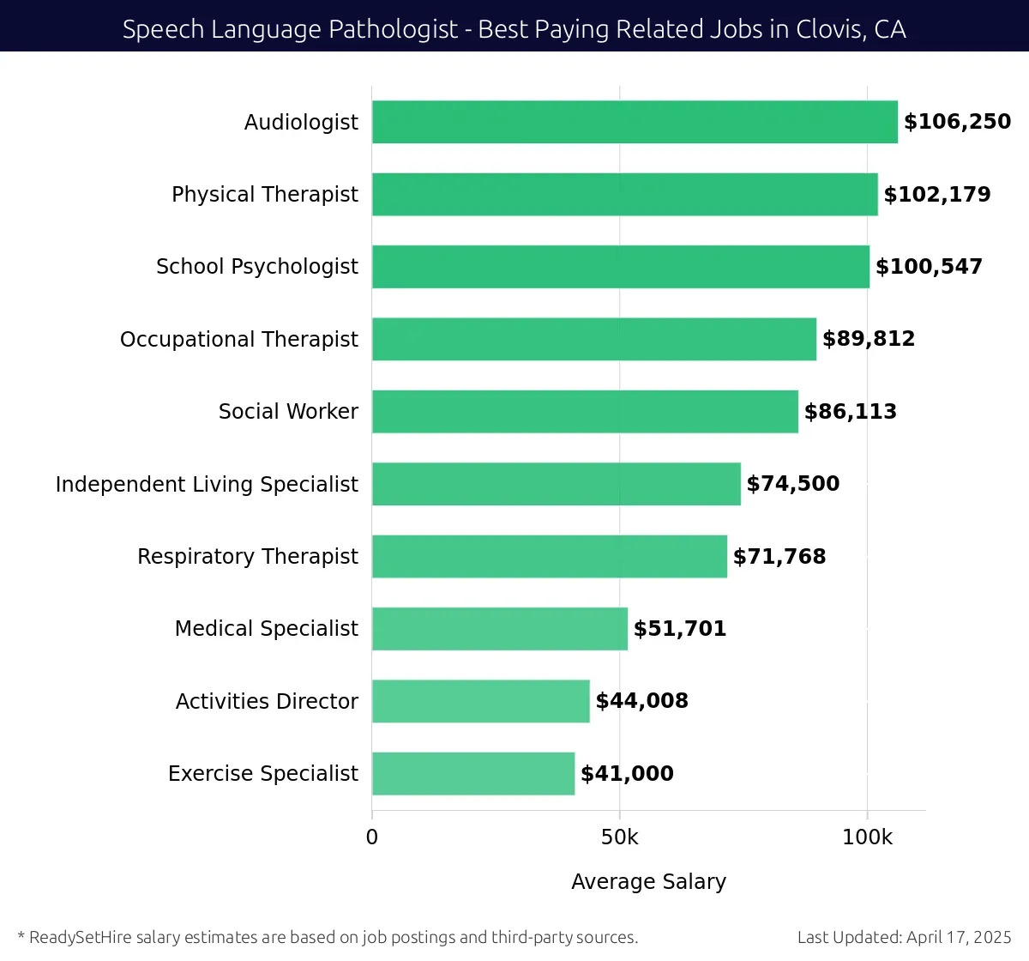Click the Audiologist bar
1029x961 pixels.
click(x=635, y=122)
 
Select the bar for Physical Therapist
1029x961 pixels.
click(x=624, y=194)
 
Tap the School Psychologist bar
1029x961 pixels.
click(x=620, y=267)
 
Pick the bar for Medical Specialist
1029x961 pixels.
click(x=499, y=629)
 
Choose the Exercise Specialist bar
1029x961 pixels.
click(x=472, y=774)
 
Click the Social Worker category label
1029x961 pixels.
click(x=288, y=412)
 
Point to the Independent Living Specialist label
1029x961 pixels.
click(x=207, y=484)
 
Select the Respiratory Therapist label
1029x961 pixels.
click(x=248, y=557)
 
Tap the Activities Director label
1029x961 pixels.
click(x=267, y=702)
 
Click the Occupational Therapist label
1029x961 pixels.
click(x=239, y=340)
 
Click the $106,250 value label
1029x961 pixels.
click(x=957, y=122)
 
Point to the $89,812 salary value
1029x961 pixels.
click(x=869, y=339)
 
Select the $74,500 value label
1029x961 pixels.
click(x=793, y=484)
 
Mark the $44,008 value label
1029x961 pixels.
click(x=642, y=701)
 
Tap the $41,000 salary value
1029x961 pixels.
click(x=627, y=774)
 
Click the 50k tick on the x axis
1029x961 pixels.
click(x=619, y=837)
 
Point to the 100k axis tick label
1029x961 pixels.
click(x=867, y=837)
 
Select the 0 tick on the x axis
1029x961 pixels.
click(x=372, y=837)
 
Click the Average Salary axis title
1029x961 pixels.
click(x=648, y=882)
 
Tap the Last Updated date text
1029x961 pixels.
click(x=904, y=937)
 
